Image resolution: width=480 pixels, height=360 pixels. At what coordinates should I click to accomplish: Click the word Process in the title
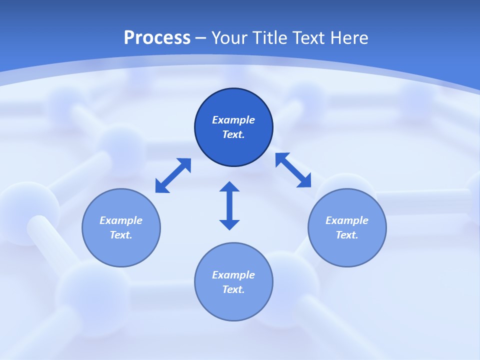click(x=157, y=38)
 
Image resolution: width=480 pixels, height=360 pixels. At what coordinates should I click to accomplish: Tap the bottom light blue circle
click(x=233, y=305)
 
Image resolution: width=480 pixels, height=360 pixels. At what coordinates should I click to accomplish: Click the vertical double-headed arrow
click(x=229, y=205)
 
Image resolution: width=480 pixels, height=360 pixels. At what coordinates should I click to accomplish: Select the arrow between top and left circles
click(x=173, y=175)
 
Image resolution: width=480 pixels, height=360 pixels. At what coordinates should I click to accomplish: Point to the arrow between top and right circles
click(x=293, y=170)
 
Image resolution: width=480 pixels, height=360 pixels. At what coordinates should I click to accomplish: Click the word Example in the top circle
click(x=233, y=120)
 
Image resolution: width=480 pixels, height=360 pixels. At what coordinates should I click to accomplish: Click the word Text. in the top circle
click(x=233, y=134)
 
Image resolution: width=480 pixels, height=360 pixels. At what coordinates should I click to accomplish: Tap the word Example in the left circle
click(x=121, y=220)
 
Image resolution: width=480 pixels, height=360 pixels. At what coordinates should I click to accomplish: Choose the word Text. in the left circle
click(x=121, y=235)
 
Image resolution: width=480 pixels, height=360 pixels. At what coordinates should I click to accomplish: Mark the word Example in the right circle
click(x=347, y=220)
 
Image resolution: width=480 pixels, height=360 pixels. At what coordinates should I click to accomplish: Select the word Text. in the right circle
click(x=347, y=235)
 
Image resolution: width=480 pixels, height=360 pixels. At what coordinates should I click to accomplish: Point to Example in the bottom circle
click(x=233, y=275)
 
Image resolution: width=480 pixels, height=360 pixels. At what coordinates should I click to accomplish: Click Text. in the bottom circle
click(x=233, y=289)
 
